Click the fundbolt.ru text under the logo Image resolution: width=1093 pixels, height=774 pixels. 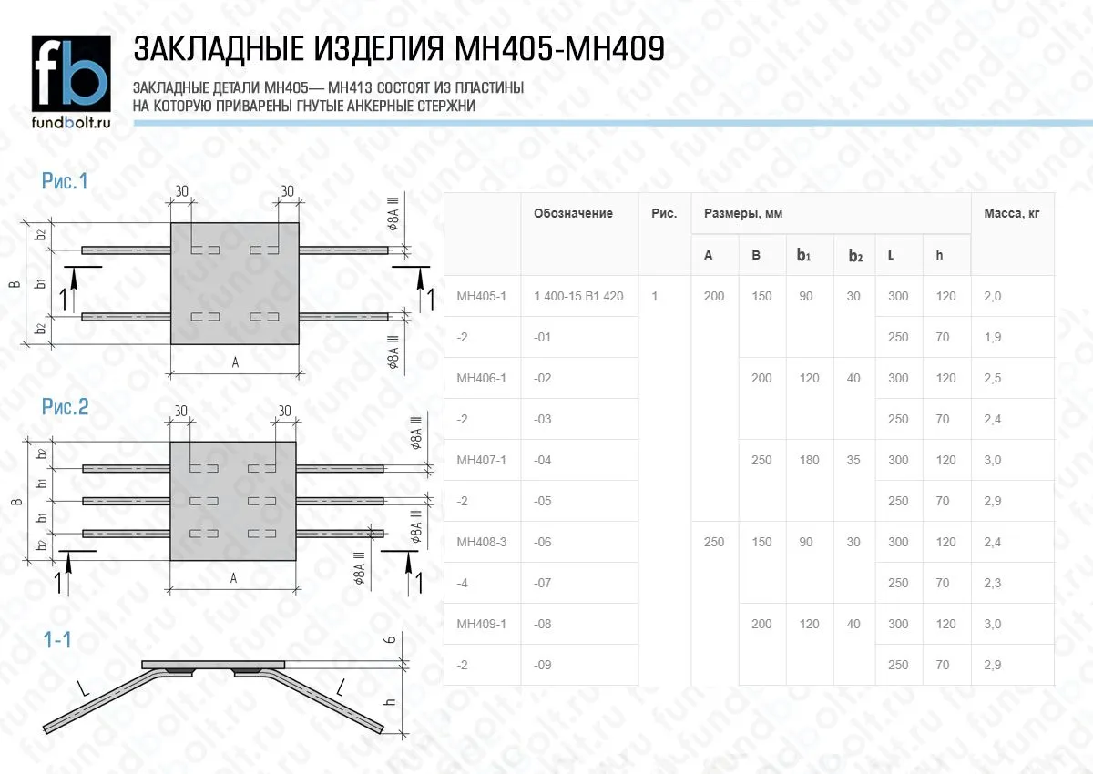[71, 122]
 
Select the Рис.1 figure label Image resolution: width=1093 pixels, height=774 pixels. [65, 181]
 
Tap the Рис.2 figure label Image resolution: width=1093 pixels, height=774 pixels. [65, 407]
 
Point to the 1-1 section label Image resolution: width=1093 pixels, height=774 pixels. [57, 641]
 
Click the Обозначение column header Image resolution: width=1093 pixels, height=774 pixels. [573, 214]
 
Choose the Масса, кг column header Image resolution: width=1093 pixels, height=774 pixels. [1011, 214]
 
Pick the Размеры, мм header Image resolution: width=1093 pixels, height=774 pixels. [742, 214]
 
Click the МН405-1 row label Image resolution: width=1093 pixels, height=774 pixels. [481, 296]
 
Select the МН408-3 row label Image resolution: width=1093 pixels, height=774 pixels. [481, 542]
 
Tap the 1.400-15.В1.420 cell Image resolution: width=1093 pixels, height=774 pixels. [578, 296]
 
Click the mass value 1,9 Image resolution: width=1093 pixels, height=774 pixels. [992, 337]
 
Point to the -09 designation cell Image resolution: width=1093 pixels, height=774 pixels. [543, 665]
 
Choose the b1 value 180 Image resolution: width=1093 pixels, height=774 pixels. [809, 460]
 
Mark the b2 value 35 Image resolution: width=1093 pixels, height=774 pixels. [853, 460]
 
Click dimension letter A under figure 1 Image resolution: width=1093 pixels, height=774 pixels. [234, 362]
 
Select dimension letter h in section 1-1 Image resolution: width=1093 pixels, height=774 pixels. [389, 702]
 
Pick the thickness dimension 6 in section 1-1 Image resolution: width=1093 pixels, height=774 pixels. [390, 641]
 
